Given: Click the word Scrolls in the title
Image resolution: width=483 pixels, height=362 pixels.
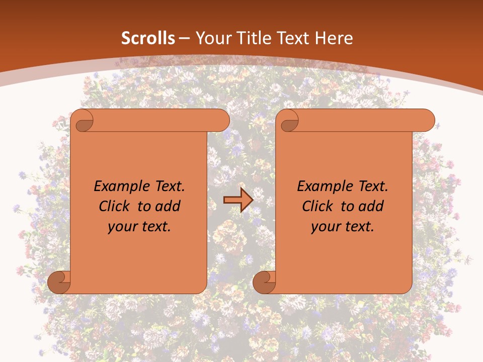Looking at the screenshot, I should click(148, 38).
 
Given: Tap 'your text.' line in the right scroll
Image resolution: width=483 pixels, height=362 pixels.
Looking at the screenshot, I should click(343, 227).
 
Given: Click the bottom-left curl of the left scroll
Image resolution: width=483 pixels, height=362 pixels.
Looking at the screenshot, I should click(59, 282).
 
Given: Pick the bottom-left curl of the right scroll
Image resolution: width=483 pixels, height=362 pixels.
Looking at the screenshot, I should click(264, 282).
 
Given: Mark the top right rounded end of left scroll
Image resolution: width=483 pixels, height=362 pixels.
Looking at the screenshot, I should click(221, 121).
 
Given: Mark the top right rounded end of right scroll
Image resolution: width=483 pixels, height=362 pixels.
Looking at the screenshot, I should click(427, 121).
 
